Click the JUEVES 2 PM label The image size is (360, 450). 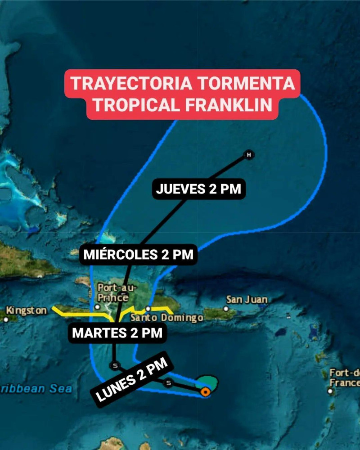point(198,189)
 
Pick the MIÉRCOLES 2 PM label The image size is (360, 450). point(139,255)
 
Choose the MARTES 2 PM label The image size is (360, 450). point(117,333)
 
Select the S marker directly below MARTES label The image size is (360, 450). point(115,365)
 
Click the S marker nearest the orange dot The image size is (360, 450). point(168,383)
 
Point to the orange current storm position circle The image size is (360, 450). point(205,392)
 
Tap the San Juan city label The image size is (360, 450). point(247,300)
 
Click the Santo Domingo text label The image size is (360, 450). point(166,318)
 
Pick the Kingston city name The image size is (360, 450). point(26,310)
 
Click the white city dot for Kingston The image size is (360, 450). point(6,319)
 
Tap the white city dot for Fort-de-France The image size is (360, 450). point(330,391)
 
